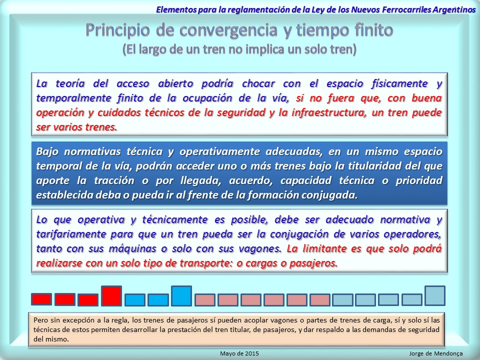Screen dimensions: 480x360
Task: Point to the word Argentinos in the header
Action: pos(454,9)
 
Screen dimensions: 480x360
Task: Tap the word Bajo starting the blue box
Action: pos(47,151)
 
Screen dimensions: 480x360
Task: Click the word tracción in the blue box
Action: pos(114,180)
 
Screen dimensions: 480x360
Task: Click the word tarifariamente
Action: pos(71,234)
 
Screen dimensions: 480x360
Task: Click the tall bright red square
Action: pos(111,295)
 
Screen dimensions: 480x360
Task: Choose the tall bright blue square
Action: pos(181,295)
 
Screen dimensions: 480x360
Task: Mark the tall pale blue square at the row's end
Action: pos(435,295)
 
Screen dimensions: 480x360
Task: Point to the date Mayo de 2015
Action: pos(239,353)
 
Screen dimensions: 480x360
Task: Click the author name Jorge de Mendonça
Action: pos(436,353)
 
